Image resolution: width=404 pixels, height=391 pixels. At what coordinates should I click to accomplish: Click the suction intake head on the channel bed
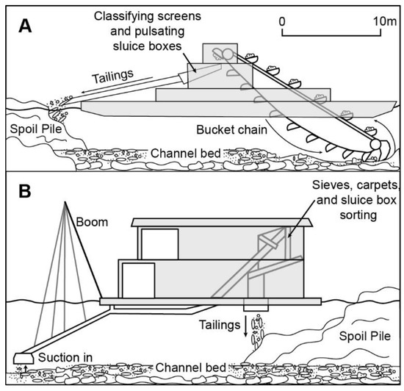point(24,356)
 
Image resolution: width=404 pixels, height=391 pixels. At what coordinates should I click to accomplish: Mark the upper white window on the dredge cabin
point(159,244)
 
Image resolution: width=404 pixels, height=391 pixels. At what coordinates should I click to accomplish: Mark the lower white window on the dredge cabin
point(138,279)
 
